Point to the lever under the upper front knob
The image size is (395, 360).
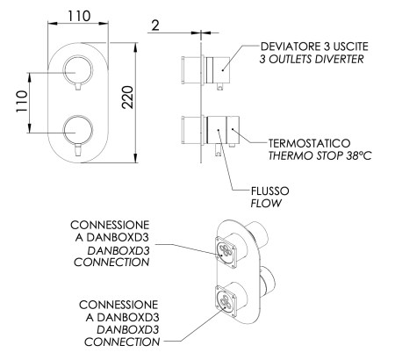[79, 86]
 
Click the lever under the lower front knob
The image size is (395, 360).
[79, 149]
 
